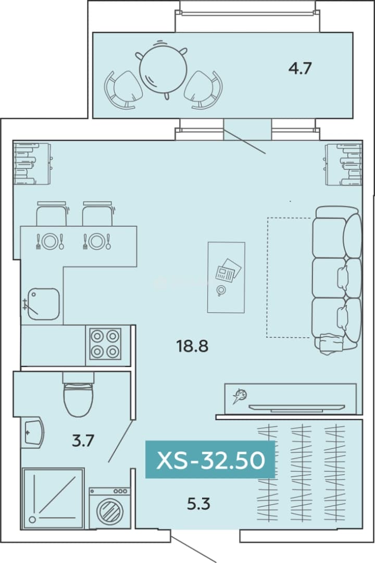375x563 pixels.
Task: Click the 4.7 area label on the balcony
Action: tap(300, 68)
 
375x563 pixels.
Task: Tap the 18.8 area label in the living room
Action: tap(192, 346)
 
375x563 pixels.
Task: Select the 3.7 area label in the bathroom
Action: tap(83, 440)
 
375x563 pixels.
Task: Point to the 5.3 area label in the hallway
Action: tap(198, 504)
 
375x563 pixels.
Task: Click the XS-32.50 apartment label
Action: tap(210, 460)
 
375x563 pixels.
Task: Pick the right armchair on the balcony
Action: tap(203, 90)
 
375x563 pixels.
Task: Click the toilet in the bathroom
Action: tap(78, 395)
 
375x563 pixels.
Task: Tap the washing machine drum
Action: tap(110, 510)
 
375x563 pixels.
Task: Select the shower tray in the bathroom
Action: tap(53, 498)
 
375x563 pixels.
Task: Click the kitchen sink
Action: tap(44, 304)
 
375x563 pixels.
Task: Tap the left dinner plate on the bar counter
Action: tap(50, 241)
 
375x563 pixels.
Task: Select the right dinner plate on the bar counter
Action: tap(97, 241)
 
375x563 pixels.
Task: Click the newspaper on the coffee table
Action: tap(228, 271)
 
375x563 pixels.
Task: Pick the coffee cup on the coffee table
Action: tap(221, 290)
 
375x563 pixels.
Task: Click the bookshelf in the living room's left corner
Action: tap(32, 164)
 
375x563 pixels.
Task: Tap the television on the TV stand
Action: tap(297, 408)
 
